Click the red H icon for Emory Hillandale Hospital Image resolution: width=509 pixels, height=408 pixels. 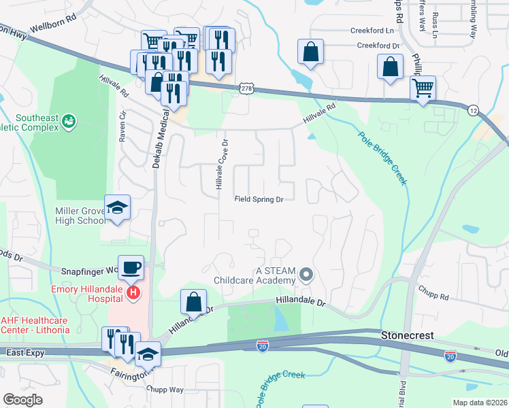[133, 292]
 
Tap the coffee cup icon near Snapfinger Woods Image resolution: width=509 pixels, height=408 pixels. [131, 267]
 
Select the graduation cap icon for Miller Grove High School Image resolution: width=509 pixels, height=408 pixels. [117, 207]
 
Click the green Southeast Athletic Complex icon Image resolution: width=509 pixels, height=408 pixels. [68, 122]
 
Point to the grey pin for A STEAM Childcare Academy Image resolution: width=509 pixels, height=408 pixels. [306, 275]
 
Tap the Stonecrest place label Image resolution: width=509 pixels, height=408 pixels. [408, 335]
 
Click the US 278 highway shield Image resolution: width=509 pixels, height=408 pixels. [247, 89]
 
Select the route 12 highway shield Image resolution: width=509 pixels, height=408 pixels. [473, 109]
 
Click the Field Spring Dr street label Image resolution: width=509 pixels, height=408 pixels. [259, 199]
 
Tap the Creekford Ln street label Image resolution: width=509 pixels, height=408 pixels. [372, 31]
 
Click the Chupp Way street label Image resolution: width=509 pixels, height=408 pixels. [165, 389]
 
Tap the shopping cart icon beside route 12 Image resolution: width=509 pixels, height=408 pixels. [423, 87]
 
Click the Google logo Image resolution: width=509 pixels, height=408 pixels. [22, 400]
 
